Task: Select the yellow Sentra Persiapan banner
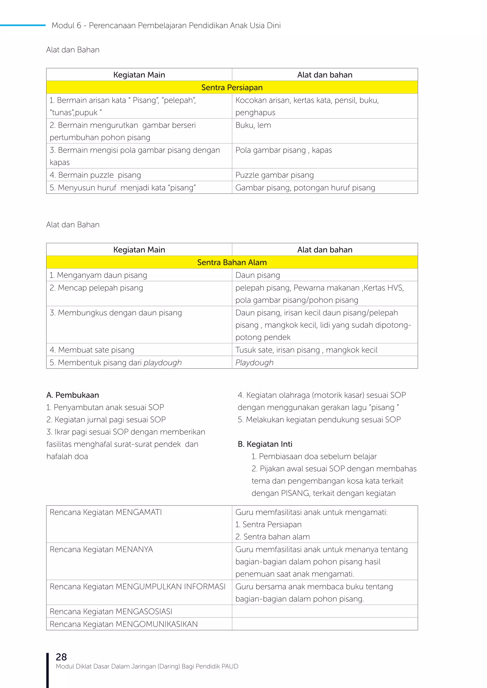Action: pyautogui.click(x=232, y=87)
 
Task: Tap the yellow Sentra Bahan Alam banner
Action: pyautogui.click(x=232, y=263)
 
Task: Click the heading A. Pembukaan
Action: pyautogui.click(x=73, y=395)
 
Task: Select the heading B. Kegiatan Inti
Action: pyautogui.click(x=265, y=444)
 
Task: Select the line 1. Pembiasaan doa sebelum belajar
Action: pyautogui.click(x=314, y=456)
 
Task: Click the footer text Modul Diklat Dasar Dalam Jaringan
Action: pyautogui.click(x=147, y=666)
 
